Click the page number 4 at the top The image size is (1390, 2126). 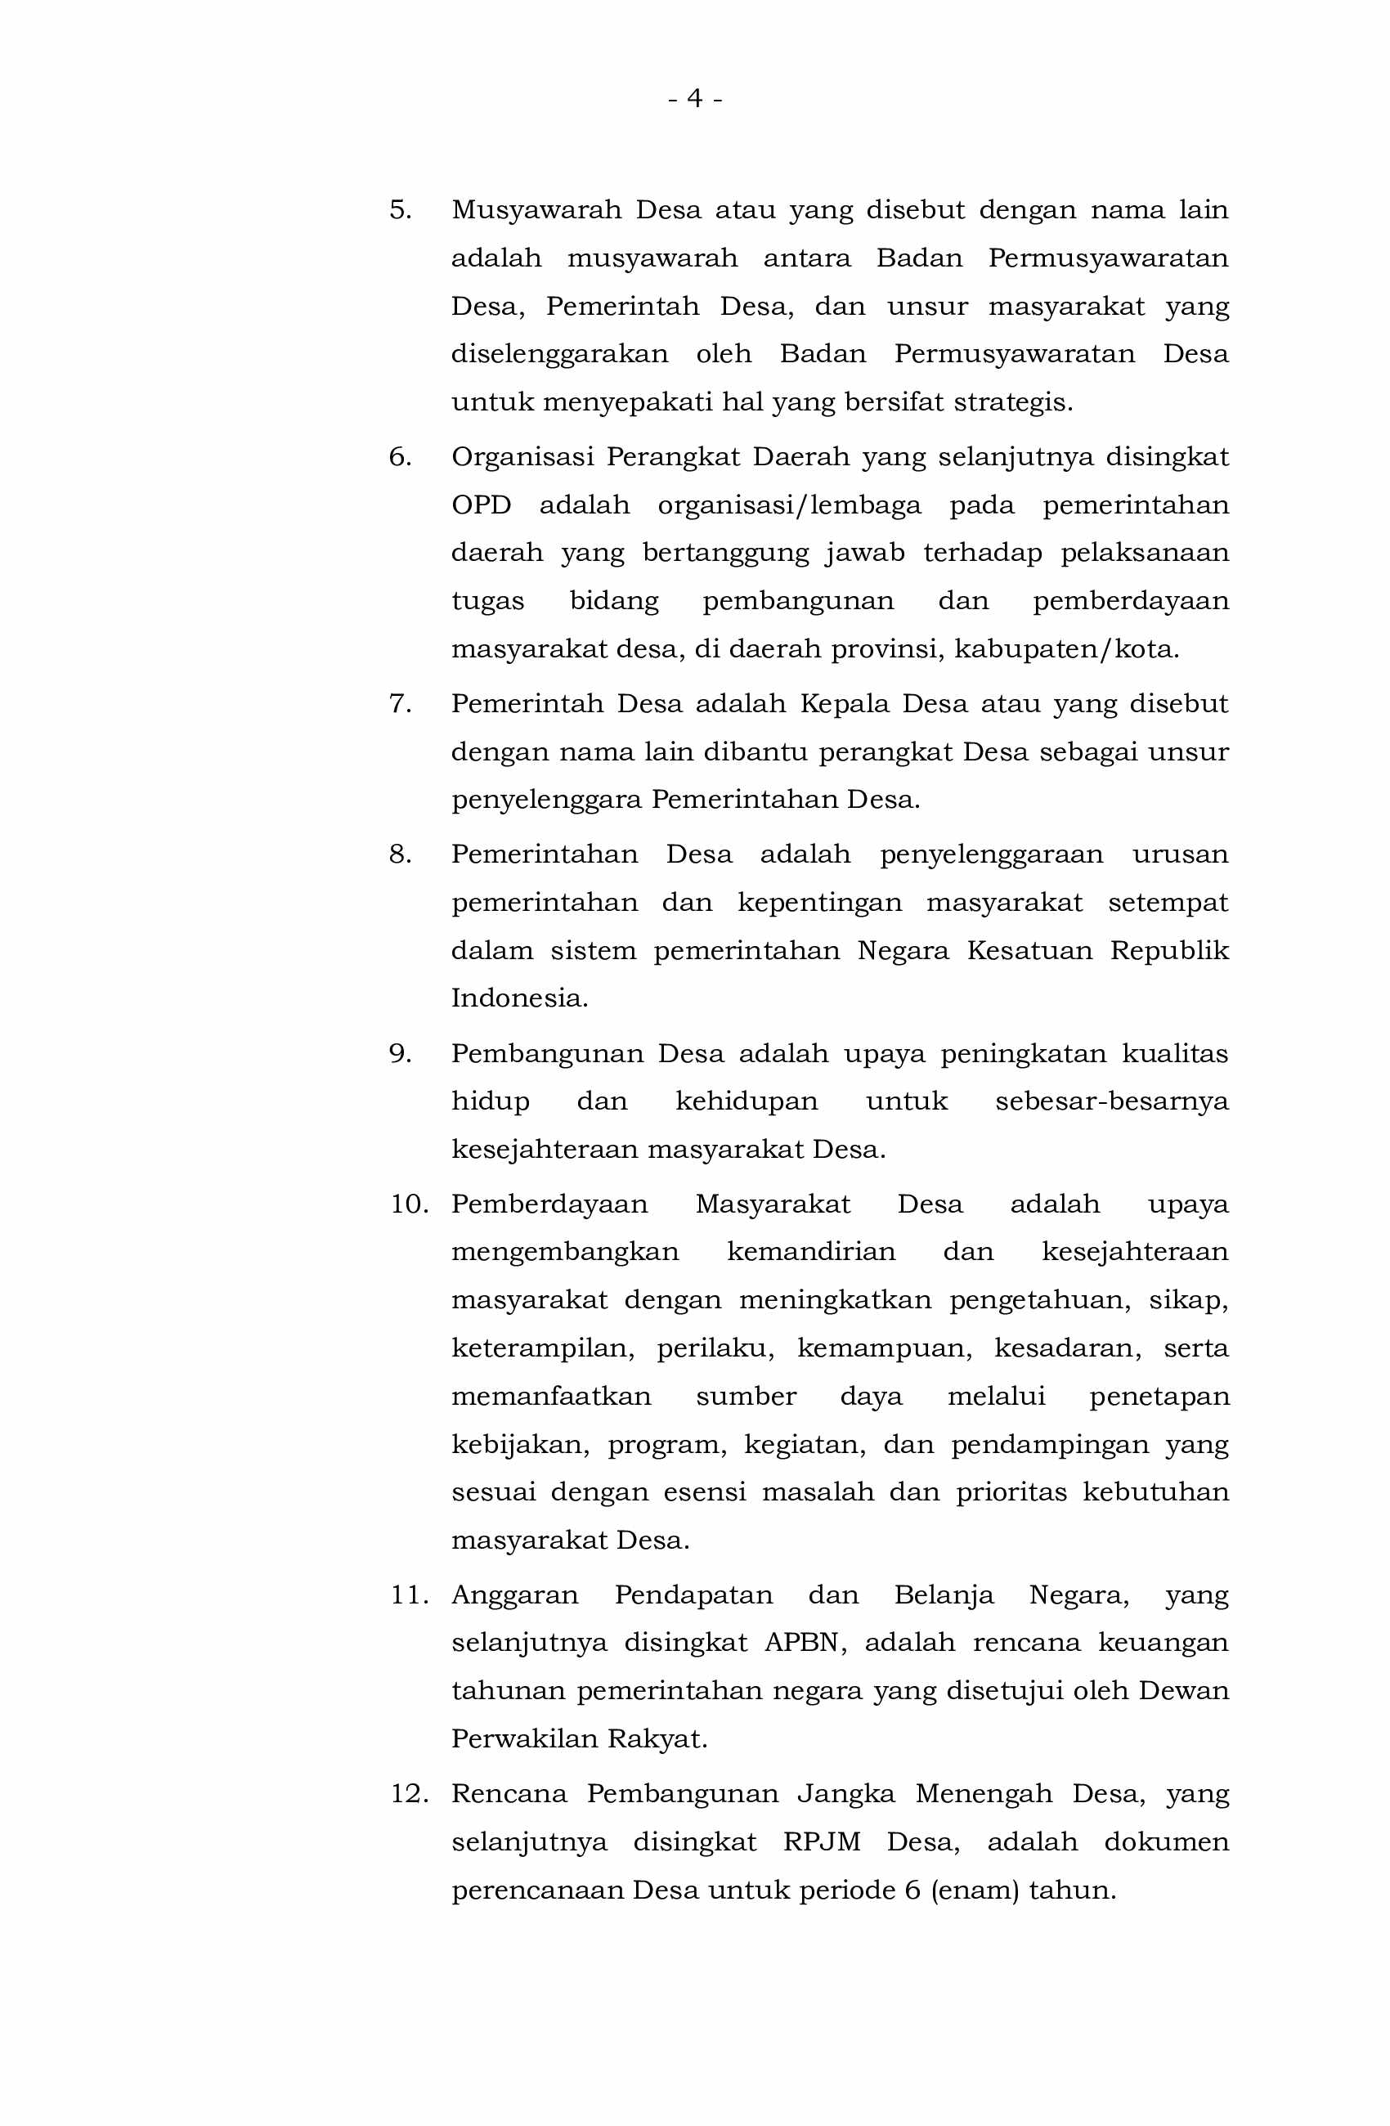(694, 97)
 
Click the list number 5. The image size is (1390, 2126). (400, 210)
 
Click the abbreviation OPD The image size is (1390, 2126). (481, 505)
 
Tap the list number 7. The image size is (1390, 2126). (400, 704)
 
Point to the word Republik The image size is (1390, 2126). (1169, 950)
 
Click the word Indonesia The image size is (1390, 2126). (519, 998)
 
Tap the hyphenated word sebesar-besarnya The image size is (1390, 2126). (1111, 1101)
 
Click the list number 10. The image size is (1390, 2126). (409, 1204)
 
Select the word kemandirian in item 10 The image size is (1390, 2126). (811, 1253)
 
